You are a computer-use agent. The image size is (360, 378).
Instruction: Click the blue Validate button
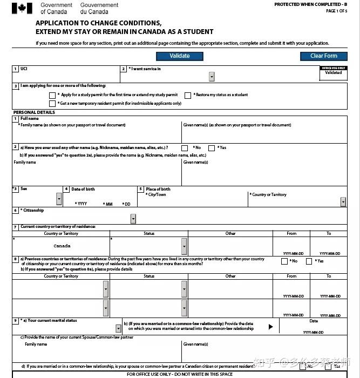180,56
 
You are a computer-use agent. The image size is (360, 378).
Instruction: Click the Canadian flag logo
22,8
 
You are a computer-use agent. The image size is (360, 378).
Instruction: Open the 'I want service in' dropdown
212,77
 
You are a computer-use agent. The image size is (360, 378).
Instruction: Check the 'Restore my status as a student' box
188,95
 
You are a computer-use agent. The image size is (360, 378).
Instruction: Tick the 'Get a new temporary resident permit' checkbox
52,104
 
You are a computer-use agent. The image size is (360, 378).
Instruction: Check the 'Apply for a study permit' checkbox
52,95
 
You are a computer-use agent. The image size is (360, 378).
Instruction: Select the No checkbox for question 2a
185,148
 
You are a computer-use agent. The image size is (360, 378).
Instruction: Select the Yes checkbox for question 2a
212,148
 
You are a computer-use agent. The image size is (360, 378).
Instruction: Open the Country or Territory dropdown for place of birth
343,202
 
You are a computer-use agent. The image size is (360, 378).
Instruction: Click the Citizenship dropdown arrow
133,219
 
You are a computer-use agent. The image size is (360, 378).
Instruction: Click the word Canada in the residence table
62,246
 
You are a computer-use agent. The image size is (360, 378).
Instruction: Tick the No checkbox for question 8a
284,261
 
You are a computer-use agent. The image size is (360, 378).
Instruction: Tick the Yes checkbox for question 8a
309,261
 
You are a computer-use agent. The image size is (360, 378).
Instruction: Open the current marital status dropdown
118,328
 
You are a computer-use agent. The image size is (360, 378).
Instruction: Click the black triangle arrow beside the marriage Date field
271,326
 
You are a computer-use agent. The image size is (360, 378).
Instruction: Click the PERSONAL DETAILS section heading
34,112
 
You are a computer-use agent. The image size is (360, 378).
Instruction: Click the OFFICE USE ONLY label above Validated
334,68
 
